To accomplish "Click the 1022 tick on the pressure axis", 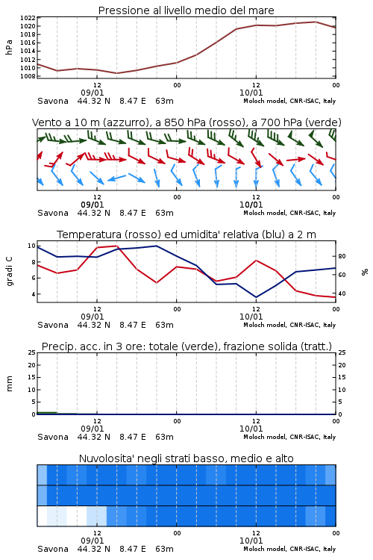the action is coord(28,18).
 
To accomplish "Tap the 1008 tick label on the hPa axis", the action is coord(28,76).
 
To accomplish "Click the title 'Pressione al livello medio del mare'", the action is coord(186,10).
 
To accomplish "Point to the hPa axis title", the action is coord(9,47).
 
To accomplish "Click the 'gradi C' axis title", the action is coord(10,271).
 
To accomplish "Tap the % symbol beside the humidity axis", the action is coord(365,272).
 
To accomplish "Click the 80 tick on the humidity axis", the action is coord(342,256).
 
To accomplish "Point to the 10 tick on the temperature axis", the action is coord(31,246).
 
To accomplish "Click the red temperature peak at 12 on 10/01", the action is coord(256,261).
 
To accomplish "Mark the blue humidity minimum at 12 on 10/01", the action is coord(256,297).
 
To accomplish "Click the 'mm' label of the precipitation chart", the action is coord(9,384).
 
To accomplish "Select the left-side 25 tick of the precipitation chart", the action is coord(31,352).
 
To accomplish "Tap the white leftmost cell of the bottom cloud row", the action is coord(42,516).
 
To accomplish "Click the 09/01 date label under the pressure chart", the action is coord(93,93).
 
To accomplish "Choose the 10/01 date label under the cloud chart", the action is coord(251,541).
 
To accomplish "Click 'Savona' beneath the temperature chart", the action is coord(53,325).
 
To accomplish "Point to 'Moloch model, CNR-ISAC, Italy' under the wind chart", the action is coord(289,214).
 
